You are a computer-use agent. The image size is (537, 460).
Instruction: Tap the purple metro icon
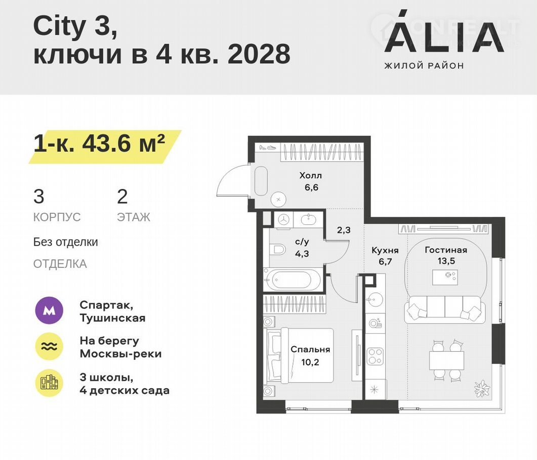(x=49, y=310)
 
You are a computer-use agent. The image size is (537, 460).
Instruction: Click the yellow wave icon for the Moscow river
(x=49, y=346)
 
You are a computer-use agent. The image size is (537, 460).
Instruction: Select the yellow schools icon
(x=49, y=383)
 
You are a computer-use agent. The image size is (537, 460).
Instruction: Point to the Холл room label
(x=311, y=176)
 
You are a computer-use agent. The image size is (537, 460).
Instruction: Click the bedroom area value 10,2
(x=310, y=362)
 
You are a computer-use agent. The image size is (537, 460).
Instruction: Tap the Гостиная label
(x=446, y=250)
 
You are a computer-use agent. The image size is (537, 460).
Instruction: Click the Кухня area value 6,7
(x=385, y=262)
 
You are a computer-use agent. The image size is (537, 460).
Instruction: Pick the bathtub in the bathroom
(x=292, y=280)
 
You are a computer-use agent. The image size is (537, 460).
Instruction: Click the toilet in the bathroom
(x=277, y=249)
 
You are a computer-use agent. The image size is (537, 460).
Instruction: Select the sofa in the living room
(x=445, y=310)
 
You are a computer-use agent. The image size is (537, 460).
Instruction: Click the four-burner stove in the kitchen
(x=375, y=356)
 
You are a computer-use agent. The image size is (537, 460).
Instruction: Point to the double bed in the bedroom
(x=298, y=356)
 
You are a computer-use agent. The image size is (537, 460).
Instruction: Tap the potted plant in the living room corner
(x=482, y=388)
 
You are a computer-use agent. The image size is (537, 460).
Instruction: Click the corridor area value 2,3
(x=344, y=230)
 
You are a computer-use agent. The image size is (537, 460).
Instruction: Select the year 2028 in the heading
(x=259, y=54)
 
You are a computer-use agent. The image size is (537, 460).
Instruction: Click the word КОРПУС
(x=57, y=217)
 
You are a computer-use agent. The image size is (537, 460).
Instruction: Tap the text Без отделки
(x=66, y=242)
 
